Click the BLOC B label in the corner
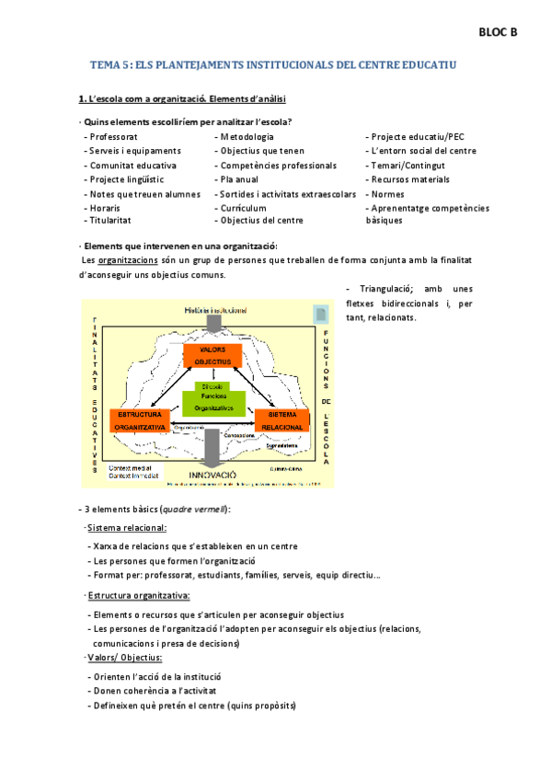(498, 32)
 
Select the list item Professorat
(114, 137)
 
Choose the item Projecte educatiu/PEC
(415, 137)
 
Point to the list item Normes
(385, 194)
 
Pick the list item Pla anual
(240, 179)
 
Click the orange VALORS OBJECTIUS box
(212, 356)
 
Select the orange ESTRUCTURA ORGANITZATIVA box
(139, 420)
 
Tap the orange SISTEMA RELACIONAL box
(281, 420)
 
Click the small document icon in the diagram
(319, 313)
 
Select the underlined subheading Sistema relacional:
(127, 527)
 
